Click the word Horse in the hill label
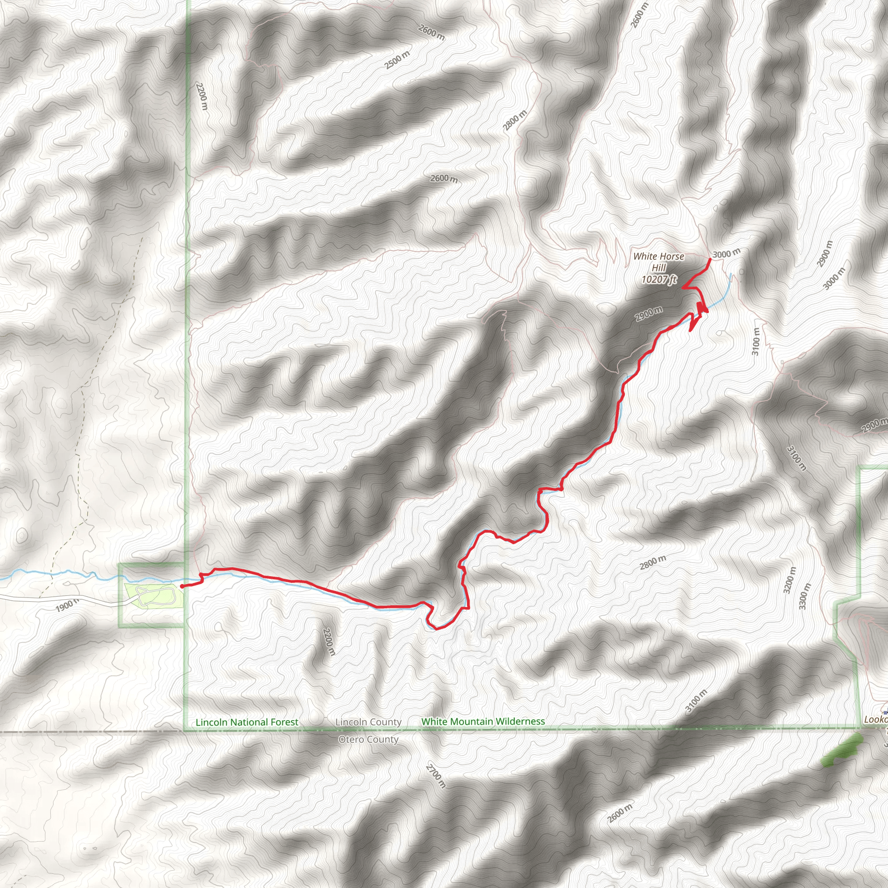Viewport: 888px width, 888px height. pyautogui.click(x=672, y=257)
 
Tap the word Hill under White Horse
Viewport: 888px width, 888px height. pyautogui.click(x=659, y=268)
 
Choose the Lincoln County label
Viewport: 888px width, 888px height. pyautogui.click(x=368, y=722)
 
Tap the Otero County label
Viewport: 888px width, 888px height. pyautogui.click(x=368, y=740)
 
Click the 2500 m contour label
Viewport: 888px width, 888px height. pyautogui.click(x=397, y=60)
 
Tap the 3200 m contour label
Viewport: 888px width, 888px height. pyautogui.click(x=789, y=581)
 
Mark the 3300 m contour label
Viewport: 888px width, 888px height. pyautogui.click(x=805, y=596)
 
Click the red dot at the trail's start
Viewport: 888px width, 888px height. pyautogui.click(x=182, y=587)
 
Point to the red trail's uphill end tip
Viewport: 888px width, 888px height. pyautogui.click(x=711, y=260)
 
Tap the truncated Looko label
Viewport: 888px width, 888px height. pyautogui.click(x=875, y=719)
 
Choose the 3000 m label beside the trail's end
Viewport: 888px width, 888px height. pyautogui.click(x=726, y=253)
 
